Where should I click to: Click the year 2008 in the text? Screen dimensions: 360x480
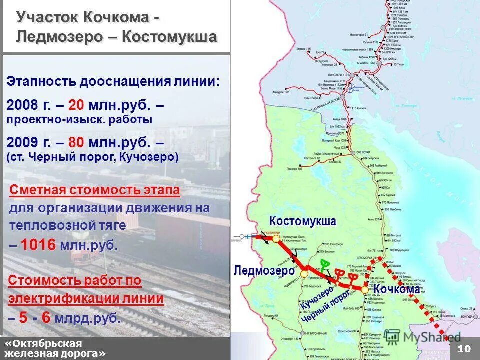pyautogui.click(x=23, y=105)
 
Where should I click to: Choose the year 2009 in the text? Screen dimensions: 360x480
pyautogui.click(x=23, y=143)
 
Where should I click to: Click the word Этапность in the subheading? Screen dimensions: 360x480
pyautogui.click(x=40, y=82)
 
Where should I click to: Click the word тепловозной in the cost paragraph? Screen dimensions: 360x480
pyautogui.click(x=45, y=225)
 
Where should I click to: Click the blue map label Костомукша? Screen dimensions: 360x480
pyautogui.click(x=303, y=221)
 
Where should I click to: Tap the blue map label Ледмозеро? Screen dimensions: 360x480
pyautogui.click(x=264, y=271)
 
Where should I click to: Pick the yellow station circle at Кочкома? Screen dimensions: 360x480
pyautogui.click(x=365, y=289)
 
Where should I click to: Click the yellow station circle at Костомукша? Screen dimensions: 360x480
pyautogui.click(x=276, y=239)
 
